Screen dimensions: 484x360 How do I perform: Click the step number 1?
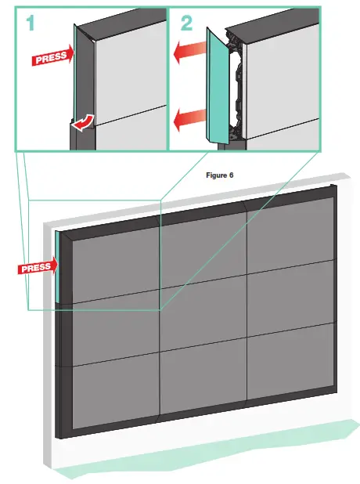[31, 23]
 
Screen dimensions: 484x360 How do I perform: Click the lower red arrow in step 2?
[189, 120]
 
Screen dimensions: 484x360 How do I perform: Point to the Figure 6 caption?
[220, 175]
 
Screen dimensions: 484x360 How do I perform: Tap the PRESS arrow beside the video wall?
[36, 266]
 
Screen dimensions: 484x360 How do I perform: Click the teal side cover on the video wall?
[58, 266]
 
